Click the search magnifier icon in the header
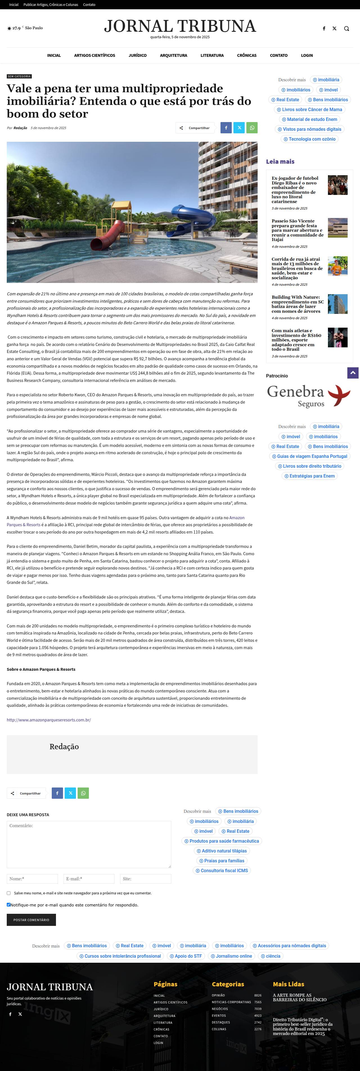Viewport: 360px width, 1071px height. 346,29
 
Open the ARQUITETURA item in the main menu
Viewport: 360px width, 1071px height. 173,55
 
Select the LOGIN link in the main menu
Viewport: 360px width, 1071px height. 307,55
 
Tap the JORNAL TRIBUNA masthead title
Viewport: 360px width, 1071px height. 180,26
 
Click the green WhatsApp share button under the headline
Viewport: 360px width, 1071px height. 252,128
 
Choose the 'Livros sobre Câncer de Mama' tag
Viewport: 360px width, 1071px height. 309,110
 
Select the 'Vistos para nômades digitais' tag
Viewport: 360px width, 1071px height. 309,129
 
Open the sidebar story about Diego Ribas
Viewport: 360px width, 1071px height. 295,190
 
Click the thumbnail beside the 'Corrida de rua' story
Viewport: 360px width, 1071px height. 337,266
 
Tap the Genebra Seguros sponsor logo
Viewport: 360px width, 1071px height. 309,396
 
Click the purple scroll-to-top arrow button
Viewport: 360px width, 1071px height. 352,373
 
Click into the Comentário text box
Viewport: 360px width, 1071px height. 89,844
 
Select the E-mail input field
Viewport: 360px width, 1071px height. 89,879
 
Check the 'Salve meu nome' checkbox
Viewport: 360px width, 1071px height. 8,893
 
